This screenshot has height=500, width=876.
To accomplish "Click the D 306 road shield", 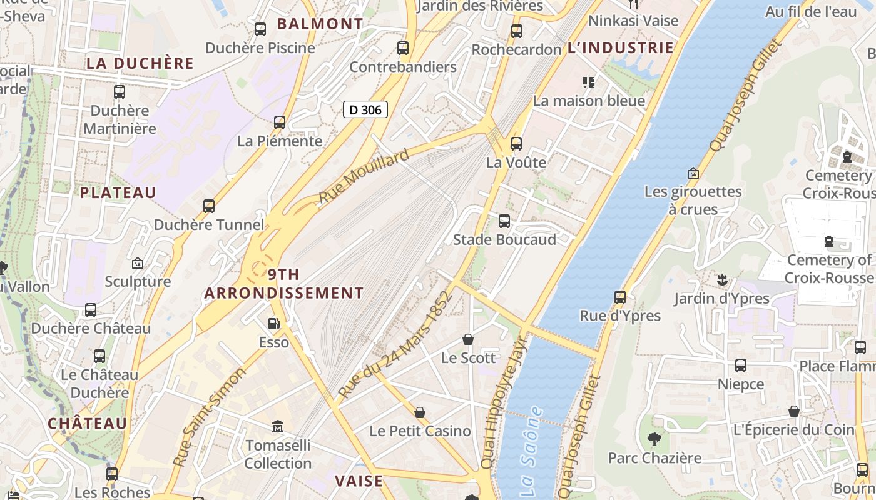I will click(365, 110).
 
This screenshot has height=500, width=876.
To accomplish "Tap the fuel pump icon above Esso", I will click(273, 324).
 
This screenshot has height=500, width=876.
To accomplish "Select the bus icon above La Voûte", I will click(516, 144).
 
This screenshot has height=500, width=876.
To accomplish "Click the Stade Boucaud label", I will click(504, 240).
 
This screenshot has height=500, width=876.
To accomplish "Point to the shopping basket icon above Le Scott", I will click(468, 339).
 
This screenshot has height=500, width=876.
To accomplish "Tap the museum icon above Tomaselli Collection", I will click(278, 427).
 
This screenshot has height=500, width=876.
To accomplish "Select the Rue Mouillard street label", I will click(364, 176).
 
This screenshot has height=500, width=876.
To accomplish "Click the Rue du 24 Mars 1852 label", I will click(395, 344).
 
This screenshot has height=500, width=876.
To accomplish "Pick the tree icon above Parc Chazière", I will click(654, 439).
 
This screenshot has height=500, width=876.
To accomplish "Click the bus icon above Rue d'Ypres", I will click(620, 297).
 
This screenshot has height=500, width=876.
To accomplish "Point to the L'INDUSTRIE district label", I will click(620, 47).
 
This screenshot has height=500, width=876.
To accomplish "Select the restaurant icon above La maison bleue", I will click(588, 82).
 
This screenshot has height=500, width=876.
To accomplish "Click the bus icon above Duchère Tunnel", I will click(209, 206).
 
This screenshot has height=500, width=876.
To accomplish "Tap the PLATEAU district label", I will click(118, 192).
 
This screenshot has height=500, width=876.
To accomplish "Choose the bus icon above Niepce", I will click(741, 366).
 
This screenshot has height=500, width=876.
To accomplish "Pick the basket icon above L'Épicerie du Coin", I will click(793, 411).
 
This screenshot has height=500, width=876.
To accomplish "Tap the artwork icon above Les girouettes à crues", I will click(693, 173).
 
